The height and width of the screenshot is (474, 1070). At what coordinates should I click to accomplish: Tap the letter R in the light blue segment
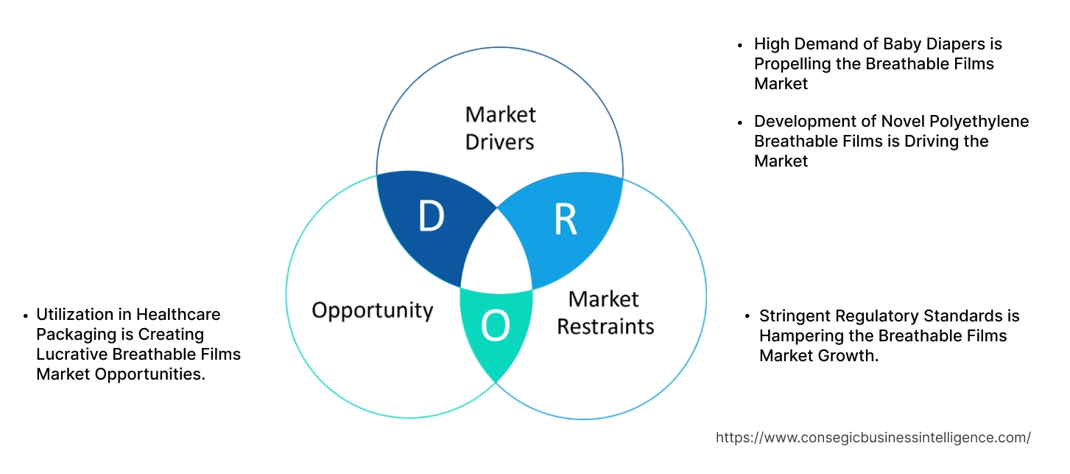pyautogui.click(x=565, y=219)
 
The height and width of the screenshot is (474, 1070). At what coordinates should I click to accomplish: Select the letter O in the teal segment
pyautogui.click(x=495, y=326)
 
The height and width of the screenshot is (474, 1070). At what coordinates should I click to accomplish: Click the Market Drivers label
pyautogui.click(x=500, y=128)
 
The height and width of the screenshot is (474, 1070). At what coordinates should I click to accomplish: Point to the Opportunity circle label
pyautogui.click(x=372, y=310)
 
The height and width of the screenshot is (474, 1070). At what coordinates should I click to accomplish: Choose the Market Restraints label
pyautogui.click(x=605, y=312)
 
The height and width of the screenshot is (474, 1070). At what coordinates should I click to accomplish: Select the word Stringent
pyautogui.click(x=794, y=316)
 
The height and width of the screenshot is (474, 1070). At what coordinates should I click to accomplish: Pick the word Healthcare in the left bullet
pyautogui.click(x=178, y=314)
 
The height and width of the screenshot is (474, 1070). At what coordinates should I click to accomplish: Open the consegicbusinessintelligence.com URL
pyautogui.click(x=873, y=437)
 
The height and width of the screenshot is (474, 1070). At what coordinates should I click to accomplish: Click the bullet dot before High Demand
pyautogui.click(x=741, y=45)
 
